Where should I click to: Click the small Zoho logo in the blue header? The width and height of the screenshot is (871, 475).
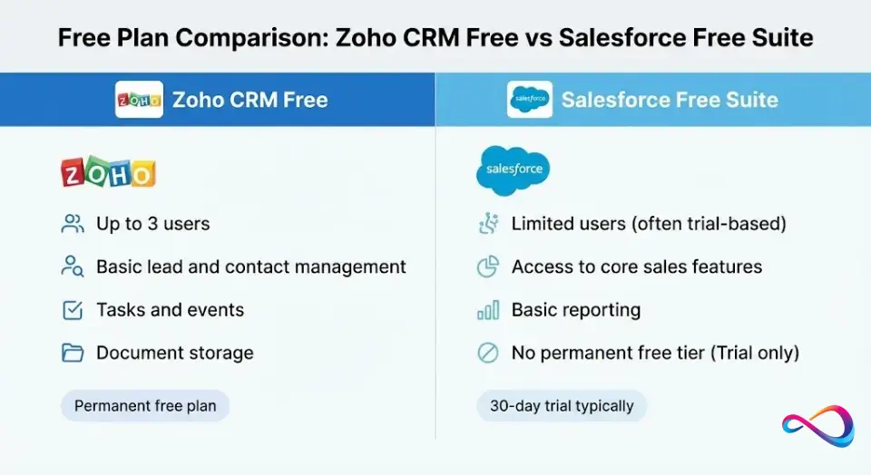tap(139, 100)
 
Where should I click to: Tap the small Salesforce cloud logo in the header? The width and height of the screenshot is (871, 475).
tap(529, 100)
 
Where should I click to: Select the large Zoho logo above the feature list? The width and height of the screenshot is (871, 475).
tap(108, 171)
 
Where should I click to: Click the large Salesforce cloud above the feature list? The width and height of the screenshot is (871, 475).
tap(513, 170)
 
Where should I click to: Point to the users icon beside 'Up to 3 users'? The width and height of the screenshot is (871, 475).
tap(73, 224)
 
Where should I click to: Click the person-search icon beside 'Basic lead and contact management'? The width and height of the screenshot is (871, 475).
tap(73, 267)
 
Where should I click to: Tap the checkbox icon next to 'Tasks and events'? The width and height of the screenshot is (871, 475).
tap(73, 310)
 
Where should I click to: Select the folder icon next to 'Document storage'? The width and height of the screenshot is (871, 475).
tap(73, 353)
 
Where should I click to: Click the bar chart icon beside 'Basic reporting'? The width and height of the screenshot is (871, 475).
tap(488, 310)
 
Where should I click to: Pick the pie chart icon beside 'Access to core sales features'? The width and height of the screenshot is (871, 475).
tap(488, 267)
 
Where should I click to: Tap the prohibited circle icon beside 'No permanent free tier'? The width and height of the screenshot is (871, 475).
tap(488, 353)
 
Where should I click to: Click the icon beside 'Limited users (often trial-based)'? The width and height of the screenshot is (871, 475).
tap(488, 223)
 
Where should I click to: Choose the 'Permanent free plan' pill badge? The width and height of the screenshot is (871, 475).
tap(145, 405)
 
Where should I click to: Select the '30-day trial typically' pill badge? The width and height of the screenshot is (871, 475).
tap(562, 405)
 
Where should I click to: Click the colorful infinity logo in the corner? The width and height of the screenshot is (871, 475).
tap(817, 426)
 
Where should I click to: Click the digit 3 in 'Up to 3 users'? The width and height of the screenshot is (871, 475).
tap(152, 224)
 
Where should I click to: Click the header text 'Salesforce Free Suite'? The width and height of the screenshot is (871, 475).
tap(670, 100)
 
